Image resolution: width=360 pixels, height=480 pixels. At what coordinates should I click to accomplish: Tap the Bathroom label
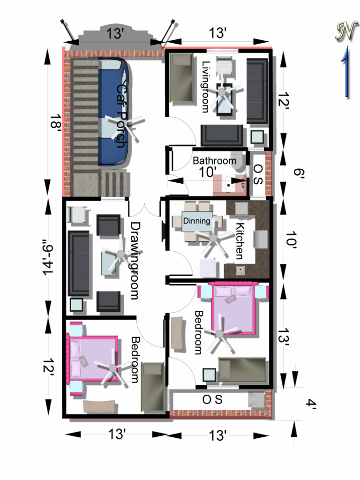coord(214,161)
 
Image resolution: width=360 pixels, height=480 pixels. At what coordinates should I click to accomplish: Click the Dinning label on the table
coord(196,221)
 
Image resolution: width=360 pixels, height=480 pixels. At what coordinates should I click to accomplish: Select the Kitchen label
coord(240,241)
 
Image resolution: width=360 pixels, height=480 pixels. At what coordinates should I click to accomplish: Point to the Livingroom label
coord(206,87)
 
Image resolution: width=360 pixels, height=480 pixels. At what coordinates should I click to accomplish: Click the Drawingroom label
coord(135,261)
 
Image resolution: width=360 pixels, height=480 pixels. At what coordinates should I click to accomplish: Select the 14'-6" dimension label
coord(48,257)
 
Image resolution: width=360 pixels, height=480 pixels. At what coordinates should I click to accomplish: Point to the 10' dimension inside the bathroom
coord(208,172)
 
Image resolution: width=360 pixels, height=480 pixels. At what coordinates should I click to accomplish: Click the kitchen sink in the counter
coord(240,270)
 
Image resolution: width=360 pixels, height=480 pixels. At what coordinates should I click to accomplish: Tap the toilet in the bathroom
coord(239,161)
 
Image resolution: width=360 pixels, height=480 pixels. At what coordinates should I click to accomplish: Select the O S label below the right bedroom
coord(212,399)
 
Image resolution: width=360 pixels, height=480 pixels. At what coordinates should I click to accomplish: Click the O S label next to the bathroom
coord(258,174)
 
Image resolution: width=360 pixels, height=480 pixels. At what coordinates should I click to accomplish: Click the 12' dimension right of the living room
coord(284,99)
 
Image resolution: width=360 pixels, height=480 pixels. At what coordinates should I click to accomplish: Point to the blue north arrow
coord(346,72)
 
